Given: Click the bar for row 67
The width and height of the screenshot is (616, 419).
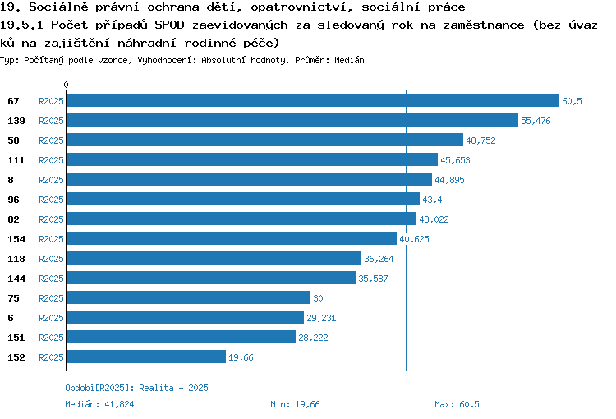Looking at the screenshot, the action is pos(313,100).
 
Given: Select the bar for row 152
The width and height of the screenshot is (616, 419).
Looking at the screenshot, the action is pos(146,357).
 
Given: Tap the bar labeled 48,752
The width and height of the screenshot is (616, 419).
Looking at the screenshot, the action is pos(265,140).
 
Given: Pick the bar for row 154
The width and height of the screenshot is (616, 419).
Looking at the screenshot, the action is pos(232,238).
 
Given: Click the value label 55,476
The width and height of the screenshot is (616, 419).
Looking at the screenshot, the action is pos(536,121).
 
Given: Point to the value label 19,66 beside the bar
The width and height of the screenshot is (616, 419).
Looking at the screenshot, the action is pos(241,357).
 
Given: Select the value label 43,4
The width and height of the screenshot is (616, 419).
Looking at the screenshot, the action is pos(432,200).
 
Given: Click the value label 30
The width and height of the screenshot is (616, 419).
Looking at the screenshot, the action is pos(318,298).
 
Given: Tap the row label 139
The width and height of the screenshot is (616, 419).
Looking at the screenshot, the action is pos(16,121).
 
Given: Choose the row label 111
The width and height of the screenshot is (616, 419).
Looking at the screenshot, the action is pos(16,160).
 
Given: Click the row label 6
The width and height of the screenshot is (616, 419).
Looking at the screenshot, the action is pos(11,318).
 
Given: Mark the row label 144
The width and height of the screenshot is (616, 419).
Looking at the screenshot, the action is pos(16,279).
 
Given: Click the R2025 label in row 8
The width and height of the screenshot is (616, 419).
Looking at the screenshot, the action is pos(51,180).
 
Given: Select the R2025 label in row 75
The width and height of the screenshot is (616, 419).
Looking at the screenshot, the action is pos(51,298).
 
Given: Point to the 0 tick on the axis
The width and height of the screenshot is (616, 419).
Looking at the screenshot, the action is pos(66,85).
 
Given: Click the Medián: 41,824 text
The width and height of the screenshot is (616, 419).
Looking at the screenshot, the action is pos(99,404).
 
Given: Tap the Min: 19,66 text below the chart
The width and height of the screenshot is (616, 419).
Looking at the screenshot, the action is pos(295,404).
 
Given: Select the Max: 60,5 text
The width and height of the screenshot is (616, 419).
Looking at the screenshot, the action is pos(457,404).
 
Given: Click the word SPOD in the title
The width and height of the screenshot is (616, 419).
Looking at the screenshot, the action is pos(169,25).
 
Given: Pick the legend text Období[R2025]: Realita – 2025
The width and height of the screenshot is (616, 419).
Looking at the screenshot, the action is pos(136,388).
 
